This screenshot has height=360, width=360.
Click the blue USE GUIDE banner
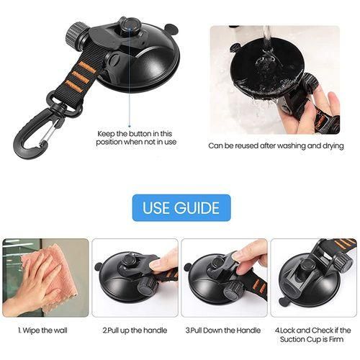(x=181, y=207)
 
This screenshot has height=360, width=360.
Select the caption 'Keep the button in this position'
(x=136, y=138)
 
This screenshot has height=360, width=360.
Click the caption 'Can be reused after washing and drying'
(x=276, y=145)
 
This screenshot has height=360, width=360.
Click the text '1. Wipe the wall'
(x=42, y=330)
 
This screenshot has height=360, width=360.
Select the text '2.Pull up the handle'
(x=135, y=330)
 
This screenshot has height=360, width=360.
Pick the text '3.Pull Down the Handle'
(x=223, y=330)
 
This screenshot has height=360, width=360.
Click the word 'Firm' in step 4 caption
(x=337, y=339)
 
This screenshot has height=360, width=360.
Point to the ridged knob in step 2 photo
(x=147, y=285)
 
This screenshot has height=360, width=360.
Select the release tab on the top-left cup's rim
(x=170, y=28)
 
